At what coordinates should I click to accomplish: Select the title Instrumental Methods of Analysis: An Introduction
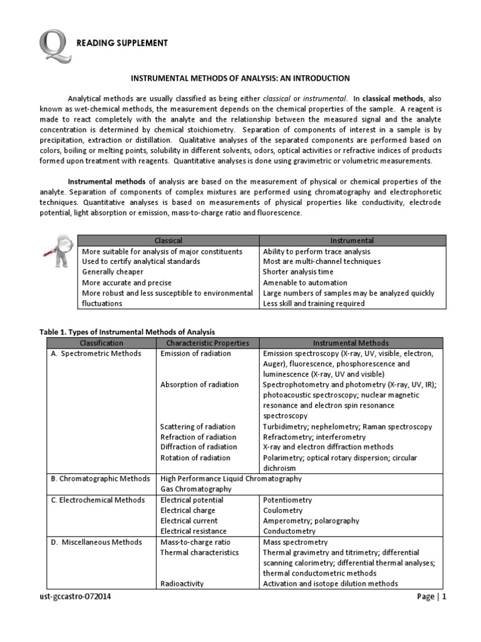click(240, 78)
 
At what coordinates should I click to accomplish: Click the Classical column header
click(168, 240)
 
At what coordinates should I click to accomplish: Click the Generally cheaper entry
click(113, 272)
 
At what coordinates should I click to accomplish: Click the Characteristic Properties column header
click(207, 343)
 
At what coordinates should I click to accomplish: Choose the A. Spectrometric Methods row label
click(96, 354)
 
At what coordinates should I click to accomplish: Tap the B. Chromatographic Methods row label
click(101, 478)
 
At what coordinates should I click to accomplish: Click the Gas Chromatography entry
click(195, 489)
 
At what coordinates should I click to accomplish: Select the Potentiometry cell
click(287, 500)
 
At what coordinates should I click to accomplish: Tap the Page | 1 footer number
click(432, 597)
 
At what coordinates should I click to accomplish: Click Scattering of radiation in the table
click(198, 426)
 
